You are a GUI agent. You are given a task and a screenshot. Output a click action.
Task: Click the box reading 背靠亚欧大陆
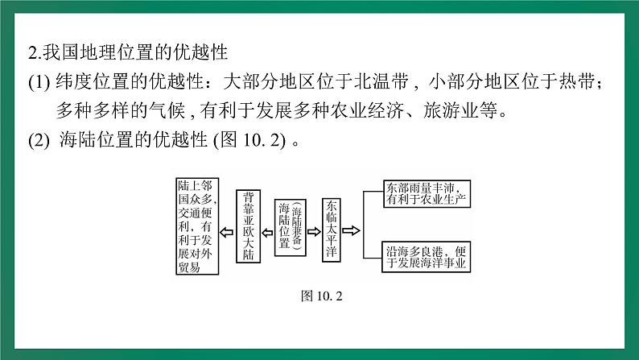[x=249, y=226]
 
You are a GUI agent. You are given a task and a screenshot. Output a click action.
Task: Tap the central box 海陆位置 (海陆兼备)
[x=291, y=226]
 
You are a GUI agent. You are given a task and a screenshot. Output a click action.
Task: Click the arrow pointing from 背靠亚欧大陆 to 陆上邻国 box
[x=227, y=226]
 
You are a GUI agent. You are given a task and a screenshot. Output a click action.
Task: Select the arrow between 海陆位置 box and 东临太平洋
[x=312, y=226]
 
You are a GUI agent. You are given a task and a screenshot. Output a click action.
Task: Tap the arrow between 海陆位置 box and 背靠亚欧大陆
[x=269, y=226]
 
